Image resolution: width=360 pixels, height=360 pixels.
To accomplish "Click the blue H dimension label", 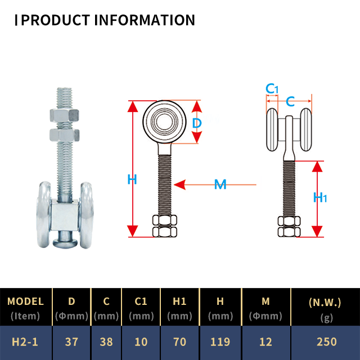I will click(132, 179).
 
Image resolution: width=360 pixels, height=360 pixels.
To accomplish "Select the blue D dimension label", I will click(197, 123).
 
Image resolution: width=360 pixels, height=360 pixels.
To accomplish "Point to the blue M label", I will click(220, 184).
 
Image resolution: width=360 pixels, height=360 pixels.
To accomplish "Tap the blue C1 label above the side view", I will click(272, 89).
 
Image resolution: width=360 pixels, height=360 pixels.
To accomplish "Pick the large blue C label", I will click(291, 101).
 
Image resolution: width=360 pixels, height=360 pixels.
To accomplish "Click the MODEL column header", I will click(26, 301).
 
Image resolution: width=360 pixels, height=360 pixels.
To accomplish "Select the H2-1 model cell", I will click(26, 341).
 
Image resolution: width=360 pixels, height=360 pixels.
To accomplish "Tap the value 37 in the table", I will click(71, 341).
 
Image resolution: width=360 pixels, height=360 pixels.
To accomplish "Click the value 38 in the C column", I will click(106, 341).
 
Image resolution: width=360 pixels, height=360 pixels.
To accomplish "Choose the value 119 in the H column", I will click(220, 341).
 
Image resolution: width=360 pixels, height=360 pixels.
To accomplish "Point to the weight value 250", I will click(326, 341).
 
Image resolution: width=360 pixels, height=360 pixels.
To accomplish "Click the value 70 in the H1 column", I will click(180, 341).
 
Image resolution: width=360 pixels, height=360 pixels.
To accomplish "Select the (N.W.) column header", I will click(326, 302).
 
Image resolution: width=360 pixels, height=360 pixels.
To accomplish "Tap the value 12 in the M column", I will click(266, 341).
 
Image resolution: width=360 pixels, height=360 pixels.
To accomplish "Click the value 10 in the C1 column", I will click(141, 341).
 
